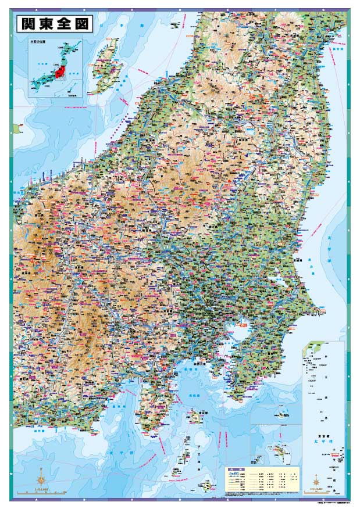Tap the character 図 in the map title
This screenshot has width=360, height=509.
(81, 24)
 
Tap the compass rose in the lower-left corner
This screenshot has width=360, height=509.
(41, 480)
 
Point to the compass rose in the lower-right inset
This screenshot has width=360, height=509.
(316, 480)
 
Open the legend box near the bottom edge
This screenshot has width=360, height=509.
(262, 480)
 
